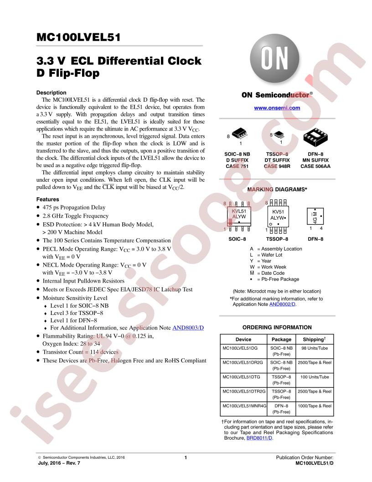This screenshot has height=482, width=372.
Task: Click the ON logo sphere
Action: click(274, 58)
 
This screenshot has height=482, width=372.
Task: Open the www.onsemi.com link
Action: click(277, 108)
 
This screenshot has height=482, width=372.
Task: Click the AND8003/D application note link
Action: click(188, 328)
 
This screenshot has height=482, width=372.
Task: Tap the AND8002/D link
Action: click(282, 304)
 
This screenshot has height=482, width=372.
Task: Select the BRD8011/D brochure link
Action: click(259, 438)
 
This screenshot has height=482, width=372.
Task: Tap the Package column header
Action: click(281, 340)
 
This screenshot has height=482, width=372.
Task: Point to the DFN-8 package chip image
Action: click(315, 137)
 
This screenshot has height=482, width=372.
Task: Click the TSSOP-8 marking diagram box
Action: click(278, 216)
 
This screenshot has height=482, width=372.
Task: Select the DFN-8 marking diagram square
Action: click(315, 216)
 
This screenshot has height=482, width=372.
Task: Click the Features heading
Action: click(47, 199)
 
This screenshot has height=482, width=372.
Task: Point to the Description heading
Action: click(51, 93)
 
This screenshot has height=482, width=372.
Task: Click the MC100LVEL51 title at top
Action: click(78, 37)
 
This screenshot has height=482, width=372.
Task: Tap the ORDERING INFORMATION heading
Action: click(277, 327)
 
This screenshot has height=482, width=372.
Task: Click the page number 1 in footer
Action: click(186, 458)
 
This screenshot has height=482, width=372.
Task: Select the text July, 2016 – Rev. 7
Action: click(59, 463)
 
